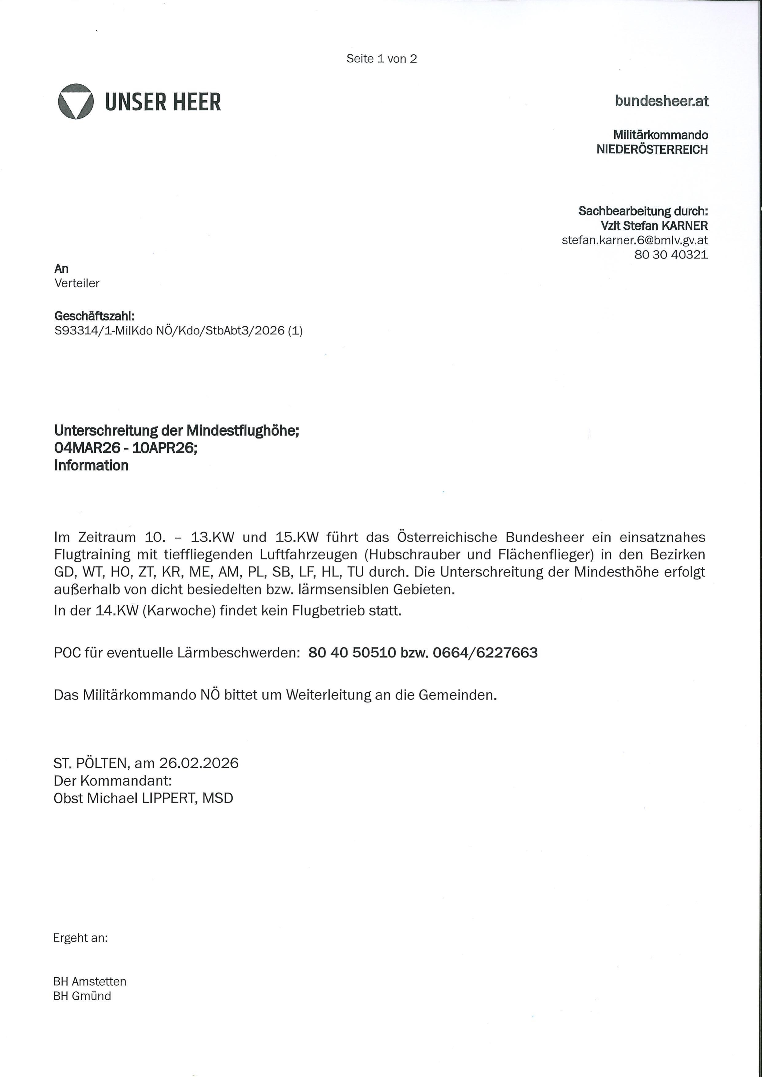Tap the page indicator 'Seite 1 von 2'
[x=381, y=59]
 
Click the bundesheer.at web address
[x=661, y=101]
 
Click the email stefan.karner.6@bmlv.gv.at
[x=634, y=240]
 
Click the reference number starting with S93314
[x=178, y=331]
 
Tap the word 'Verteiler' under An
[x=77, y=283]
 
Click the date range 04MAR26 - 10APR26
[x=126, y=448]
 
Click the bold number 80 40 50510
[x=352, y=652]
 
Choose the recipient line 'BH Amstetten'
[x=90, y=981]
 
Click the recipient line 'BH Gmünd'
[x=82, y=996]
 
